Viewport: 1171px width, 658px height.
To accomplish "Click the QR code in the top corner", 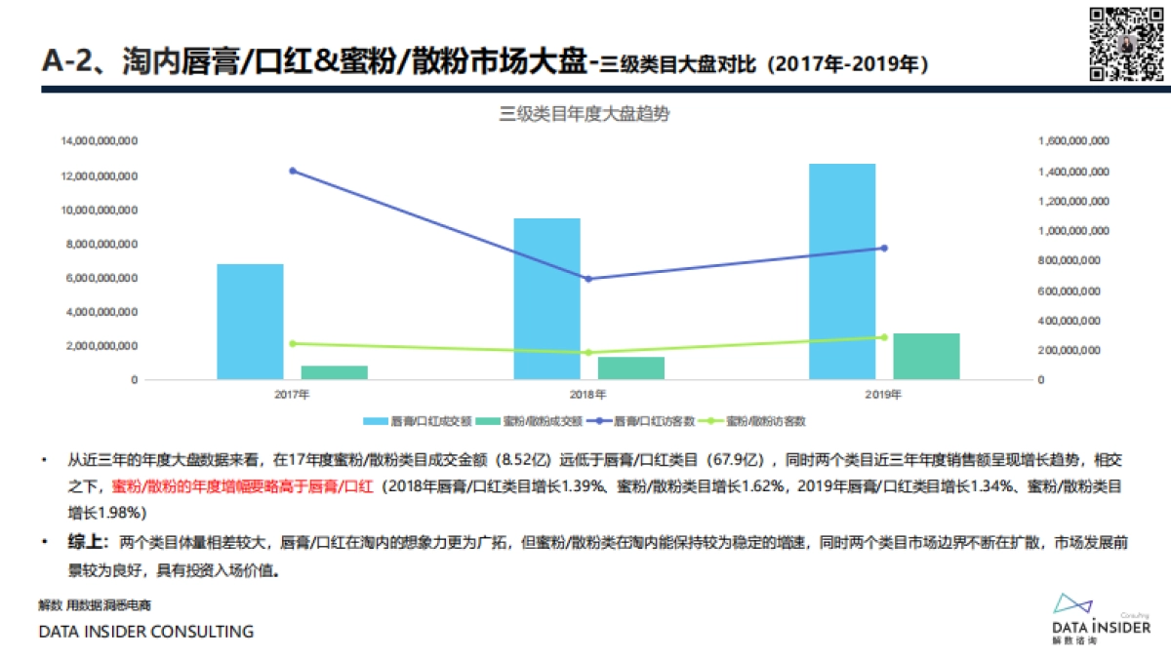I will pos(1125,44).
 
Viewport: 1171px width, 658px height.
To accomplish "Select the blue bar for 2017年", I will pos(250,321).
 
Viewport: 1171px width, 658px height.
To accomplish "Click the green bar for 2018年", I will pos(630,368).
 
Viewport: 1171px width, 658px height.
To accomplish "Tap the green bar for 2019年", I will pos(926,356).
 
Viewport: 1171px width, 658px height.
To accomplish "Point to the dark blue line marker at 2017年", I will pos(293,171).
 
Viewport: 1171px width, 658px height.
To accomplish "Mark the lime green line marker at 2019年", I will pos(884,337).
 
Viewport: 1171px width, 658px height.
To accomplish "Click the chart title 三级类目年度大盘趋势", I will pos(585,114).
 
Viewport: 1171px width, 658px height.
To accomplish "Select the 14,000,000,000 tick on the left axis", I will pos(100,142).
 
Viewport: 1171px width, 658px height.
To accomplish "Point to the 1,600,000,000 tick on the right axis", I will pos(1072,142).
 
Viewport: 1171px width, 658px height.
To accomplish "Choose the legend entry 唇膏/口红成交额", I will pos(419,421).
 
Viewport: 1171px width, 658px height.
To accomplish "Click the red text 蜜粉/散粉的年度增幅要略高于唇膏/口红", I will pos(243,484).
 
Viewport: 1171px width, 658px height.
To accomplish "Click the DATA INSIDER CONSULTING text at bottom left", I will pos(145,632).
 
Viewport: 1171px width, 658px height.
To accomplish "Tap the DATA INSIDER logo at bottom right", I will pos(1101,617).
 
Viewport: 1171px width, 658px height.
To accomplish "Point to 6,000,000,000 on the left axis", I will pos(100,278).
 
